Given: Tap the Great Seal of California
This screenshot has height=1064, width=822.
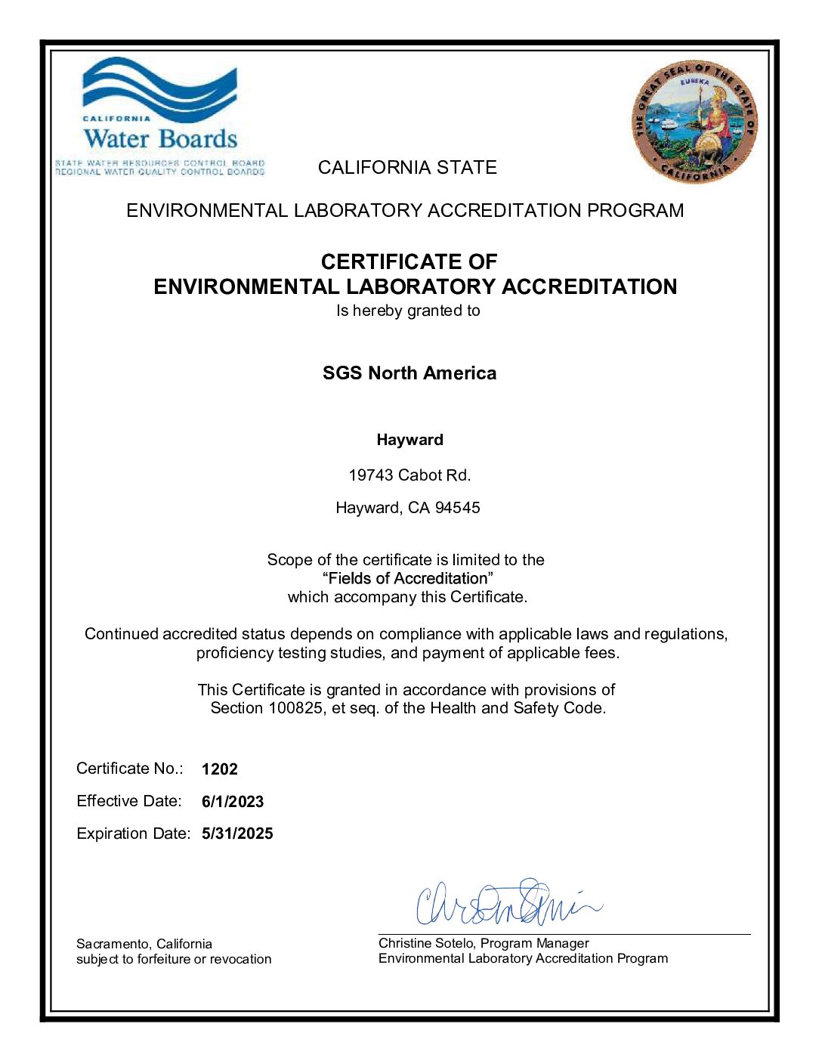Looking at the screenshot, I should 694,123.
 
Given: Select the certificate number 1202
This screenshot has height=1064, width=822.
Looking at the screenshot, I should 220,769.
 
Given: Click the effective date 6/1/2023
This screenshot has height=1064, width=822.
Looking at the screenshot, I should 233,802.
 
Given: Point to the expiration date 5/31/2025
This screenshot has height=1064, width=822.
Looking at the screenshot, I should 237,834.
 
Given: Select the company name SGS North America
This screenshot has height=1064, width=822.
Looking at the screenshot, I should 409,373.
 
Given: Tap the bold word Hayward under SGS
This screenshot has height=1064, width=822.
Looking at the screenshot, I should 410,440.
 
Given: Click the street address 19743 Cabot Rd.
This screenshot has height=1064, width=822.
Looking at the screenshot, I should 409,475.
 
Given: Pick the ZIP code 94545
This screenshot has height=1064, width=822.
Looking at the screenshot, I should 457,508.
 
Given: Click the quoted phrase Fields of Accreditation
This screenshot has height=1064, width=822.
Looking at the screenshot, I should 408,578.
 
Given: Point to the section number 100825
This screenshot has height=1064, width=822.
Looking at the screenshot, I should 296,708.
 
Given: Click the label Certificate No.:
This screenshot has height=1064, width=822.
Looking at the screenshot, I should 130,769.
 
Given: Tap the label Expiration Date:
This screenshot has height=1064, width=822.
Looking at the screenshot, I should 134,834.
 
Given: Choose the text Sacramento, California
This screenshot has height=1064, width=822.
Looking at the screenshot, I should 144,944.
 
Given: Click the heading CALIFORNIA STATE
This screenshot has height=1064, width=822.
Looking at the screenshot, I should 407,168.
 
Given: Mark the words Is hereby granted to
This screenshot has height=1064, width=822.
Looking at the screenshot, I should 408,311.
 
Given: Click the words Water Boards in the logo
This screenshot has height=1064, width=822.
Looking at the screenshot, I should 160,139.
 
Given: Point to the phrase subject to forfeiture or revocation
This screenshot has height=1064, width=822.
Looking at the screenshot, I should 174,959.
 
